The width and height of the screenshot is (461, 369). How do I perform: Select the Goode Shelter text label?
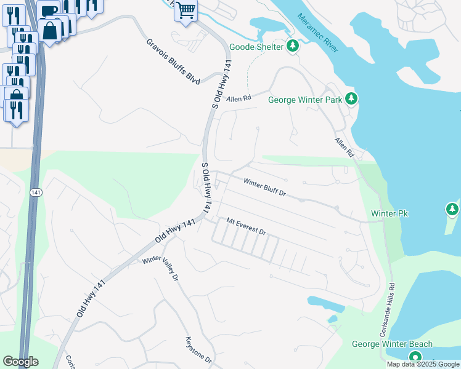(256, 47)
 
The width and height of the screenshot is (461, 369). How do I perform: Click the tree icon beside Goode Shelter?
(292, 46)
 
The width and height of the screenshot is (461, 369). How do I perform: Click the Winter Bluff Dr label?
(265, 187)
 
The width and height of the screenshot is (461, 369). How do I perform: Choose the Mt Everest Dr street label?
(245, 226)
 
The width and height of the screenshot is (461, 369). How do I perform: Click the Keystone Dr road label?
(198, 349)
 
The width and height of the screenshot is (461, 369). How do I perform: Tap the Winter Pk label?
(390, 213)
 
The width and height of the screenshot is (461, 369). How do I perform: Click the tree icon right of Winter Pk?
(452, 210)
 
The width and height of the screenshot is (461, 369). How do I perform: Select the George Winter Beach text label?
(392, 344)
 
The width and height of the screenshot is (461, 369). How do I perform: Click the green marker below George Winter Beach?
(415, 357)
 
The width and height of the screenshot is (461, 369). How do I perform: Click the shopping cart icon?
(185, 10)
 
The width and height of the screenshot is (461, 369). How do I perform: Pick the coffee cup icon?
(48, 9)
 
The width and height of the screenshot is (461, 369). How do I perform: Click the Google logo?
(20, 362)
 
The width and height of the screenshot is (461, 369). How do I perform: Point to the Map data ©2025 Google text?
(422, 364)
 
